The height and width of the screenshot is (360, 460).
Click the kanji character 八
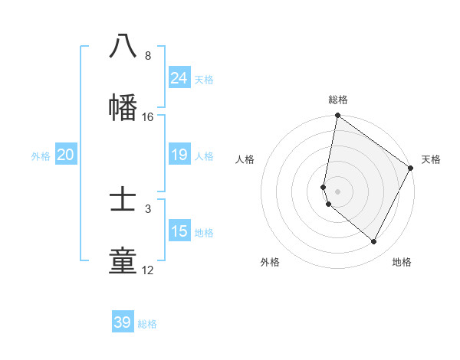(x=123, y=46)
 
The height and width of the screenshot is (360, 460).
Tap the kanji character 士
(x=123, y=199)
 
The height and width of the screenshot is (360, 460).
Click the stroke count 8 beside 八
(x=147, y=56)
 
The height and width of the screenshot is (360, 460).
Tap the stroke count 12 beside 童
(x=147, y=270)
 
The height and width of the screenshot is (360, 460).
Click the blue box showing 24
(x=179, y=77)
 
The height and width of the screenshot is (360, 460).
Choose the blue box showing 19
(x=179, y=155)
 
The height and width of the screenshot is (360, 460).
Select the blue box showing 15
(x=179, y=231)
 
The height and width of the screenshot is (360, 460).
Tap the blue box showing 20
(x=65, y=155)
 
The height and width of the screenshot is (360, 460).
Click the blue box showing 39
(x=122, y=322)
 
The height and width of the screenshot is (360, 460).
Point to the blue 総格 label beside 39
(x=147, y=324)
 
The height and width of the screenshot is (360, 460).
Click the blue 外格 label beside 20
(x=41, y=156)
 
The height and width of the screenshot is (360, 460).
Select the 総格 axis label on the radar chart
(x=338, y=100)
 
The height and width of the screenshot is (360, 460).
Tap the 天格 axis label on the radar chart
(x=431, y=159)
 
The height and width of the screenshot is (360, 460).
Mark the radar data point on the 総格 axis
(x=337, y=116)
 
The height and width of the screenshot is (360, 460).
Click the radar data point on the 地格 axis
(x=374, y=242)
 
